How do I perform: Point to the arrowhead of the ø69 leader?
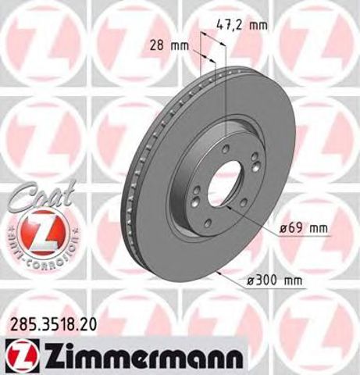(x=229, y=207)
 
